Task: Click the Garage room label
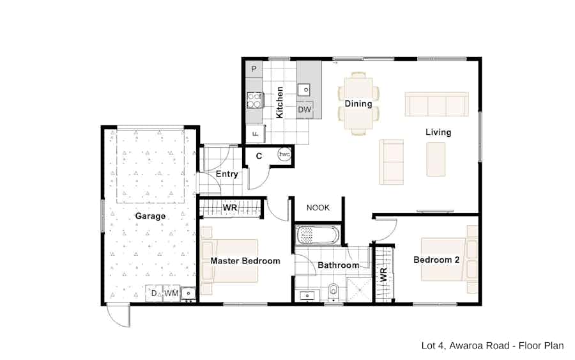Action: [150, 216]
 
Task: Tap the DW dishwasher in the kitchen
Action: [304, 110]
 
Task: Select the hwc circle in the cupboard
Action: [284, 155]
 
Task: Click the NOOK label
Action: [318, 208]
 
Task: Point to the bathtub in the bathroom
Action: [318, 235]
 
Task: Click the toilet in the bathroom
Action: [333, 291]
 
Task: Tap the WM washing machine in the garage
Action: [171, 293]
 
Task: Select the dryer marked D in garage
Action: [154, 293]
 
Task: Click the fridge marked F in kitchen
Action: [255, 134]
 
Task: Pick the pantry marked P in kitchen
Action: [254, 69]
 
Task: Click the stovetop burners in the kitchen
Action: [254, 100]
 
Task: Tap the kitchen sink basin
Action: [304, 90]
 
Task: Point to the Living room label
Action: [438, 132]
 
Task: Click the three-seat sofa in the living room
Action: [436, 104]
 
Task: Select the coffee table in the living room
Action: [436, 159]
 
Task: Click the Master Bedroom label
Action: [245, 261]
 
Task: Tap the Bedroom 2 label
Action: [436, 260]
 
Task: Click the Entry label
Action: [227, 174]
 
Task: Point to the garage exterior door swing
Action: [118, 315]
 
